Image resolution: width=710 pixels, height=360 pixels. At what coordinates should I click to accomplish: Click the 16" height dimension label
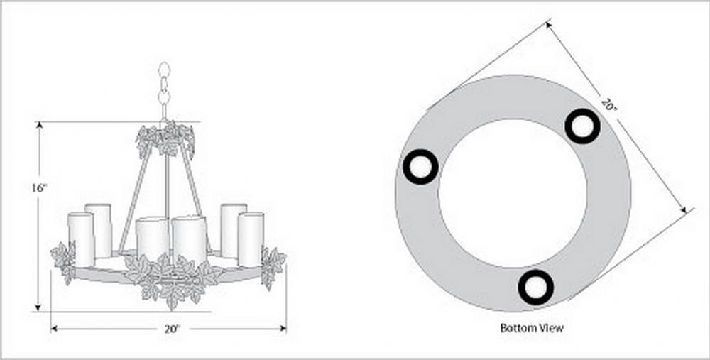(x=39, y=187)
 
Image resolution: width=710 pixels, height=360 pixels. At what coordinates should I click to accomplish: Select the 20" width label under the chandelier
(x=173, y=329)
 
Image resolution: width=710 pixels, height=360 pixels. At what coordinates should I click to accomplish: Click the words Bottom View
(x=532, y=327)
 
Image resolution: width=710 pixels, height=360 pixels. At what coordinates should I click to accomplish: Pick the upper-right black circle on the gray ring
(x=582, y=126)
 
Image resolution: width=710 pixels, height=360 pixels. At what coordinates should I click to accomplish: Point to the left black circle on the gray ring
(x=420, y=167)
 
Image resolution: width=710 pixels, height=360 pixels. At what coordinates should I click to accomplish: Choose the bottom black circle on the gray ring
(x=535, y=287)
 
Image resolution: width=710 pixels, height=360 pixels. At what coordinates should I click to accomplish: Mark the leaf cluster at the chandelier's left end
(x=64, y=262)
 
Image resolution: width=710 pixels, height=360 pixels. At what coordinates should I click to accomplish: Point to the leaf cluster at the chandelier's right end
(x=273, y=267)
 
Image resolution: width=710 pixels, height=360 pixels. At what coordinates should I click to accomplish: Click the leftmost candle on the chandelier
(x=81, y=239)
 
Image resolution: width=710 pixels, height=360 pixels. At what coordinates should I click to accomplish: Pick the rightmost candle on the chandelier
(x=251, y=239)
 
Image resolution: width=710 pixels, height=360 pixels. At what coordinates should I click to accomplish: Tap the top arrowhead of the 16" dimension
(x=39, y=126)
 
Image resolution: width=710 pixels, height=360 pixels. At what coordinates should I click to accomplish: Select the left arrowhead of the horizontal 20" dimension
(x=54, y=329)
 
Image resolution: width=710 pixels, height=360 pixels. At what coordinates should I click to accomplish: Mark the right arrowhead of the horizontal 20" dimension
(x=283, y=329)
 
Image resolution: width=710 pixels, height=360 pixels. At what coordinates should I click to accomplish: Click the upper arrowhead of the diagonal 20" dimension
(x=550, y=26)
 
